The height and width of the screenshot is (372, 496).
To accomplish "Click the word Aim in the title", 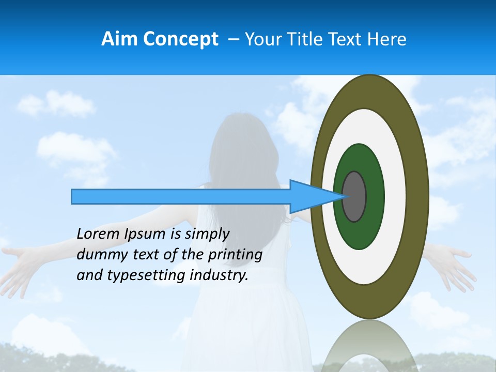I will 119,39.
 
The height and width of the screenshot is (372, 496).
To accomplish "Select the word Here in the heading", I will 387,39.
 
